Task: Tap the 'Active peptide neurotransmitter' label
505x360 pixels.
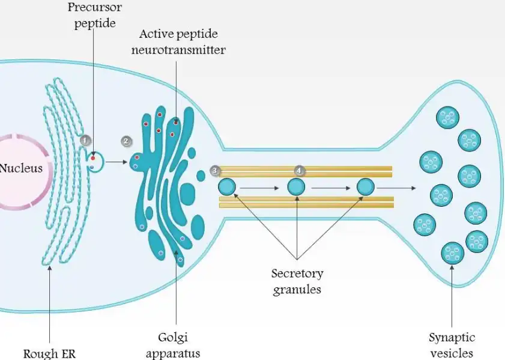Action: pyautogui.click(x=178, y=41)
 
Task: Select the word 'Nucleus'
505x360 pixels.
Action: pyautogui.click(x=21, y=168)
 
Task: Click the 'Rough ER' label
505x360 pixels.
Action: pyautogui.click(x=49, y=353)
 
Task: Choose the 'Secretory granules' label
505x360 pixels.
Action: pyautogui.click(x=297, y=281)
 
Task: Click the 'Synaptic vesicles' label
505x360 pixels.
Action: pyautogui.click(x=452, y=345)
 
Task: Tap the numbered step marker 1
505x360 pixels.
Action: pyautogui.click(x=85, y=140)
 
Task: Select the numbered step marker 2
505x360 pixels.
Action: pyautogui.click(x=126, y=141)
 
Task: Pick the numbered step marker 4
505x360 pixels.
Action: pyautogui.click(x=300, y=171)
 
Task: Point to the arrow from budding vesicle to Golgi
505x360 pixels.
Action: pyautogui.click(x=118, y=162)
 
